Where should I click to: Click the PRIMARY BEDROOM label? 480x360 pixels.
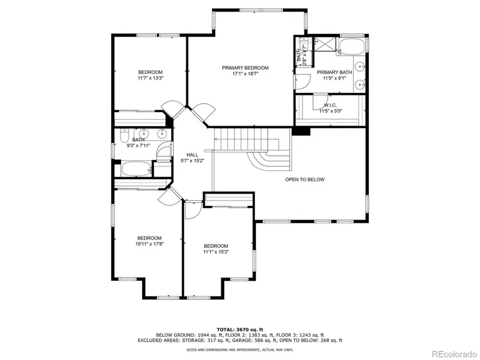click(245, 67)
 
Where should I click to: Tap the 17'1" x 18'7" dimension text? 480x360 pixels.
click(246, 73)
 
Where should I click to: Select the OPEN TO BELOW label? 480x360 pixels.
click(305, 179)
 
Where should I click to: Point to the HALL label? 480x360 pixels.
click(192, 155)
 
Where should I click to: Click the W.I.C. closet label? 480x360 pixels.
click(330, 105)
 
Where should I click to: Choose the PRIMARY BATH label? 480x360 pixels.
click(335, 72)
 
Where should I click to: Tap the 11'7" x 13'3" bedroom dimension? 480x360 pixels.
click(150, 78)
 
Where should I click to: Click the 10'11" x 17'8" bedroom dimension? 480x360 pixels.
click(150, 244)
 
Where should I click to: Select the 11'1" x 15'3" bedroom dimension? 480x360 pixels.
click(216, 252)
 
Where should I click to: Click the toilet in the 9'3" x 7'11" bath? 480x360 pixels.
click(125, 136)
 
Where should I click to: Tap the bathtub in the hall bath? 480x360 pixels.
click(137, 169)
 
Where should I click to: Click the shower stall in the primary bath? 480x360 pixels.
click(325, 45)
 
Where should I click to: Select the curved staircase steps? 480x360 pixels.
click(269, 161)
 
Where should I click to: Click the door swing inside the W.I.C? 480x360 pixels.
click(320, 102)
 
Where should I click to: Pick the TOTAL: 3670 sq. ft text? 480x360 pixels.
click(240, 330)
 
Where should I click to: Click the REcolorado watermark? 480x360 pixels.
click(454, 354)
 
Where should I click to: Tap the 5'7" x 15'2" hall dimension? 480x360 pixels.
click(192, 161)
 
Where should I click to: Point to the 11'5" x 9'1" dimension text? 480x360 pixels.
click(335, 78)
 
